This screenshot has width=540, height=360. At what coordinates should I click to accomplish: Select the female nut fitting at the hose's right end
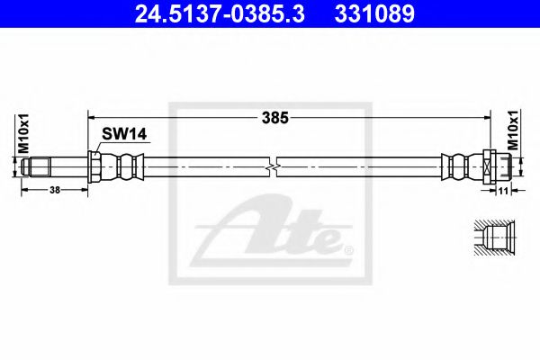click(x=497, y=166)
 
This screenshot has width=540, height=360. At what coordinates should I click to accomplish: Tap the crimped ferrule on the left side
click(x=124, y=166)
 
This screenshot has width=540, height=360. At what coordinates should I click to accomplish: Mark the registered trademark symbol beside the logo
click(x=349, y=249)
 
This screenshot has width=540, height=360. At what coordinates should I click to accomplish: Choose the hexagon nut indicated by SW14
click(x=94, y=166)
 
